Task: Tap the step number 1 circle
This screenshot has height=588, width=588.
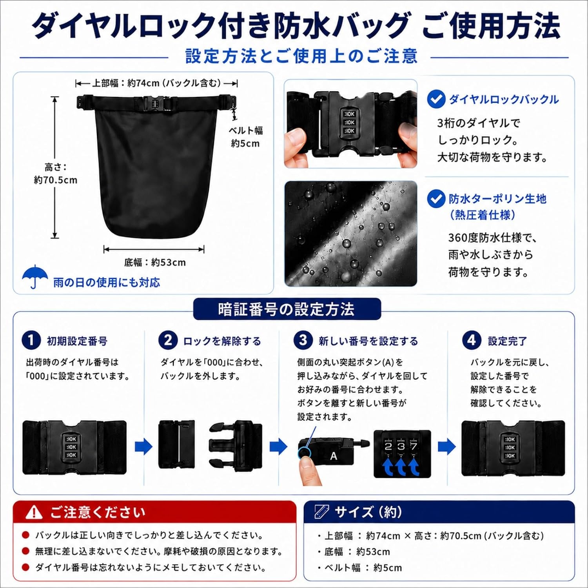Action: pyautogui.click(x=31, y=340)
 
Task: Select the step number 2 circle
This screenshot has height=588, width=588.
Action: pyautogui.click(x=168, y=340)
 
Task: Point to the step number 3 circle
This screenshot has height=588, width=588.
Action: pyautogui.click(x=303, y=340)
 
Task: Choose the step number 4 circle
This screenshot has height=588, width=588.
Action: pyautogui.click(x=472, y=340)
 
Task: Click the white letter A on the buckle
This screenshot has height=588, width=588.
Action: pyautogui.click(x=333, y=456)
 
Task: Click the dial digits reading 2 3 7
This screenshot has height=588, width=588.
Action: pyautogui.click(x=401, y=446)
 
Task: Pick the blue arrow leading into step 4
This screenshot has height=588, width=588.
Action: pyautogui.click(x=447, y=446)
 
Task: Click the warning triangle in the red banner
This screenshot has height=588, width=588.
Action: pyautogui.click(x=34, y=512)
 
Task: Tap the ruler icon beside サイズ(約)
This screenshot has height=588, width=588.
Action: pyautogui.click(x=321, y=512)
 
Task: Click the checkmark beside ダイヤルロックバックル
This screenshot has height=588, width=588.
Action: pyautogui.click(x=436, y=99)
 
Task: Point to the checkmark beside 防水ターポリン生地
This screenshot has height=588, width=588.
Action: pyautogui.click(x=436, y=199)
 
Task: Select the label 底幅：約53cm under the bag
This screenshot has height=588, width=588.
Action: pyautogui.click(x=155, y=262)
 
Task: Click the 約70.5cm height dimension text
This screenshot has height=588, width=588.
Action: pyautogui.click(x=56, y=180)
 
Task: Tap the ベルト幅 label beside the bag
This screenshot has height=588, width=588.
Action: pyautogui.click(x=246, y=131)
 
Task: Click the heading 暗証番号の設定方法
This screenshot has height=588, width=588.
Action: pyautogui.click(x=286, y=309)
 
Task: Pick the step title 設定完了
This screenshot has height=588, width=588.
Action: pyautogui.click(x=507, y=341)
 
